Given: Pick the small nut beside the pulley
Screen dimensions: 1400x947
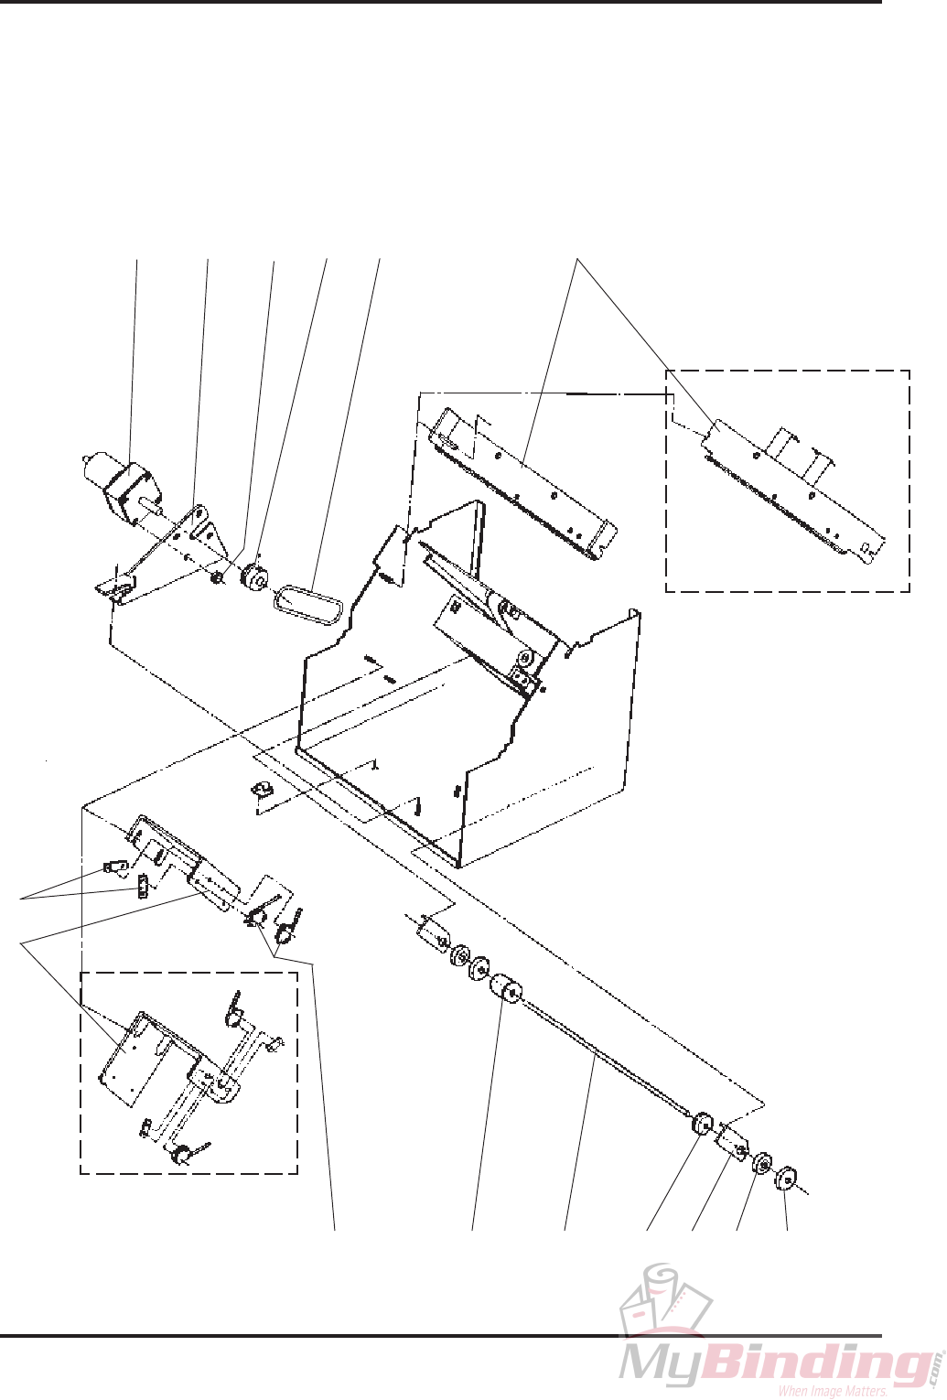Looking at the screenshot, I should (219, 578).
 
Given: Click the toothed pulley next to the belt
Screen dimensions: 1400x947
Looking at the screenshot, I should (252, 579).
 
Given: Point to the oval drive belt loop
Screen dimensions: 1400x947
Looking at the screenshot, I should (308, 607).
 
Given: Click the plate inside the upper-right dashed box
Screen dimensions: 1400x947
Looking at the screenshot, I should (787, 490).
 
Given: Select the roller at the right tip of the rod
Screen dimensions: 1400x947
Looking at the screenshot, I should (703, 1123).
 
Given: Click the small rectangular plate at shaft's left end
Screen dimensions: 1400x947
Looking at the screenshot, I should (430, 934).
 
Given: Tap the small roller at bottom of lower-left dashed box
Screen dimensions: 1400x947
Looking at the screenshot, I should (181, 1155).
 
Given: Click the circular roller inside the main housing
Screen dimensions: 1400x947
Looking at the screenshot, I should (525, 659).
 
